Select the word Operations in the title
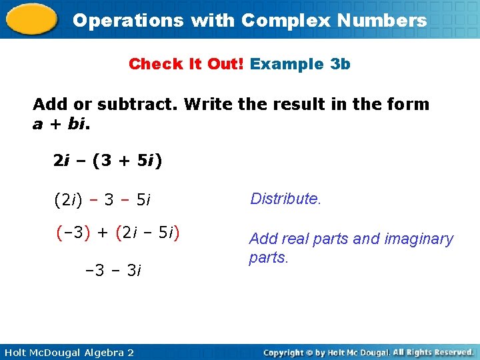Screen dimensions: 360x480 tap(128, 20)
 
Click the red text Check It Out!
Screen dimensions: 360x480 tap(187, 64)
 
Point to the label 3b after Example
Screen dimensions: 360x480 tap(339, 64)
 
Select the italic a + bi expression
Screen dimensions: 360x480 tap(60, 124)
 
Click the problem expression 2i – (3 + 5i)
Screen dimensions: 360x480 tap(108, 161)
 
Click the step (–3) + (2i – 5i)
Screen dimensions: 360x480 tap(118, 233)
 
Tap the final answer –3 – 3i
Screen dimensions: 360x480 tap(113, 271)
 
